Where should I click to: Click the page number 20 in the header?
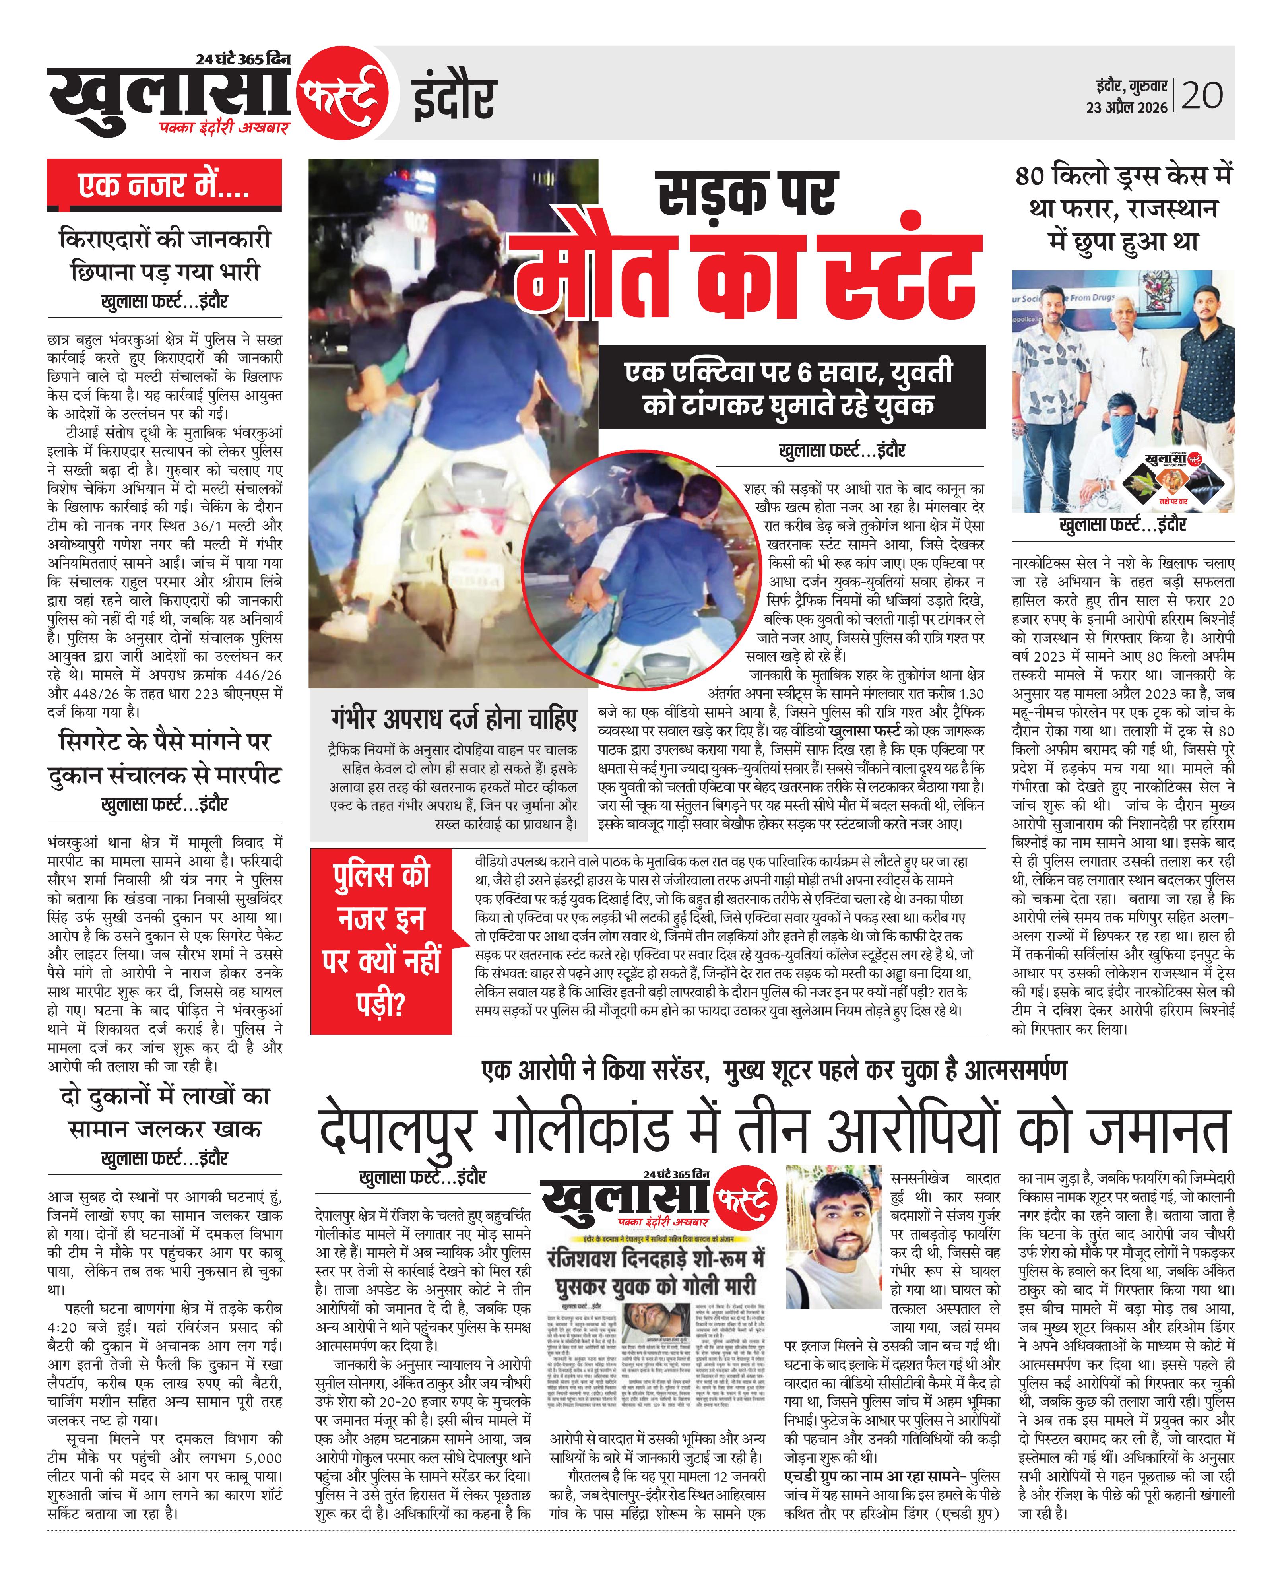coord(1202,96)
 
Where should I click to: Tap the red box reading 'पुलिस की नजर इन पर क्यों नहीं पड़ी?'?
coord(381,941)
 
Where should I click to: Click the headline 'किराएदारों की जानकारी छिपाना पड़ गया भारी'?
coord(164,256)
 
